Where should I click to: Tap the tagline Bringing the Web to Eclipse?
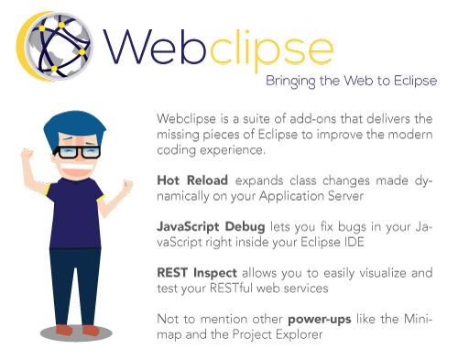click(351, 81)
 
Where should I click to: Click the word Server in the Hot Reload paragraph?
click(351, 197)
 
